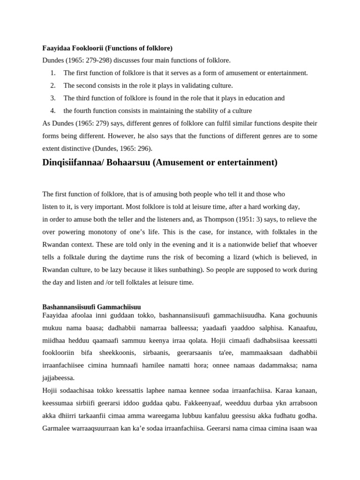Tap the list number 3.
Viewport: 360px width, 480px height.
click(x=53, y=98)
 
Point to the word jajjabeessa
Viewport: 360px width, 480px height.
click(x=59, y=378)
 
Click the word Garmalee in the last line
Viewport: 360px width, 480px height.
click(x=57, y=428)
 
